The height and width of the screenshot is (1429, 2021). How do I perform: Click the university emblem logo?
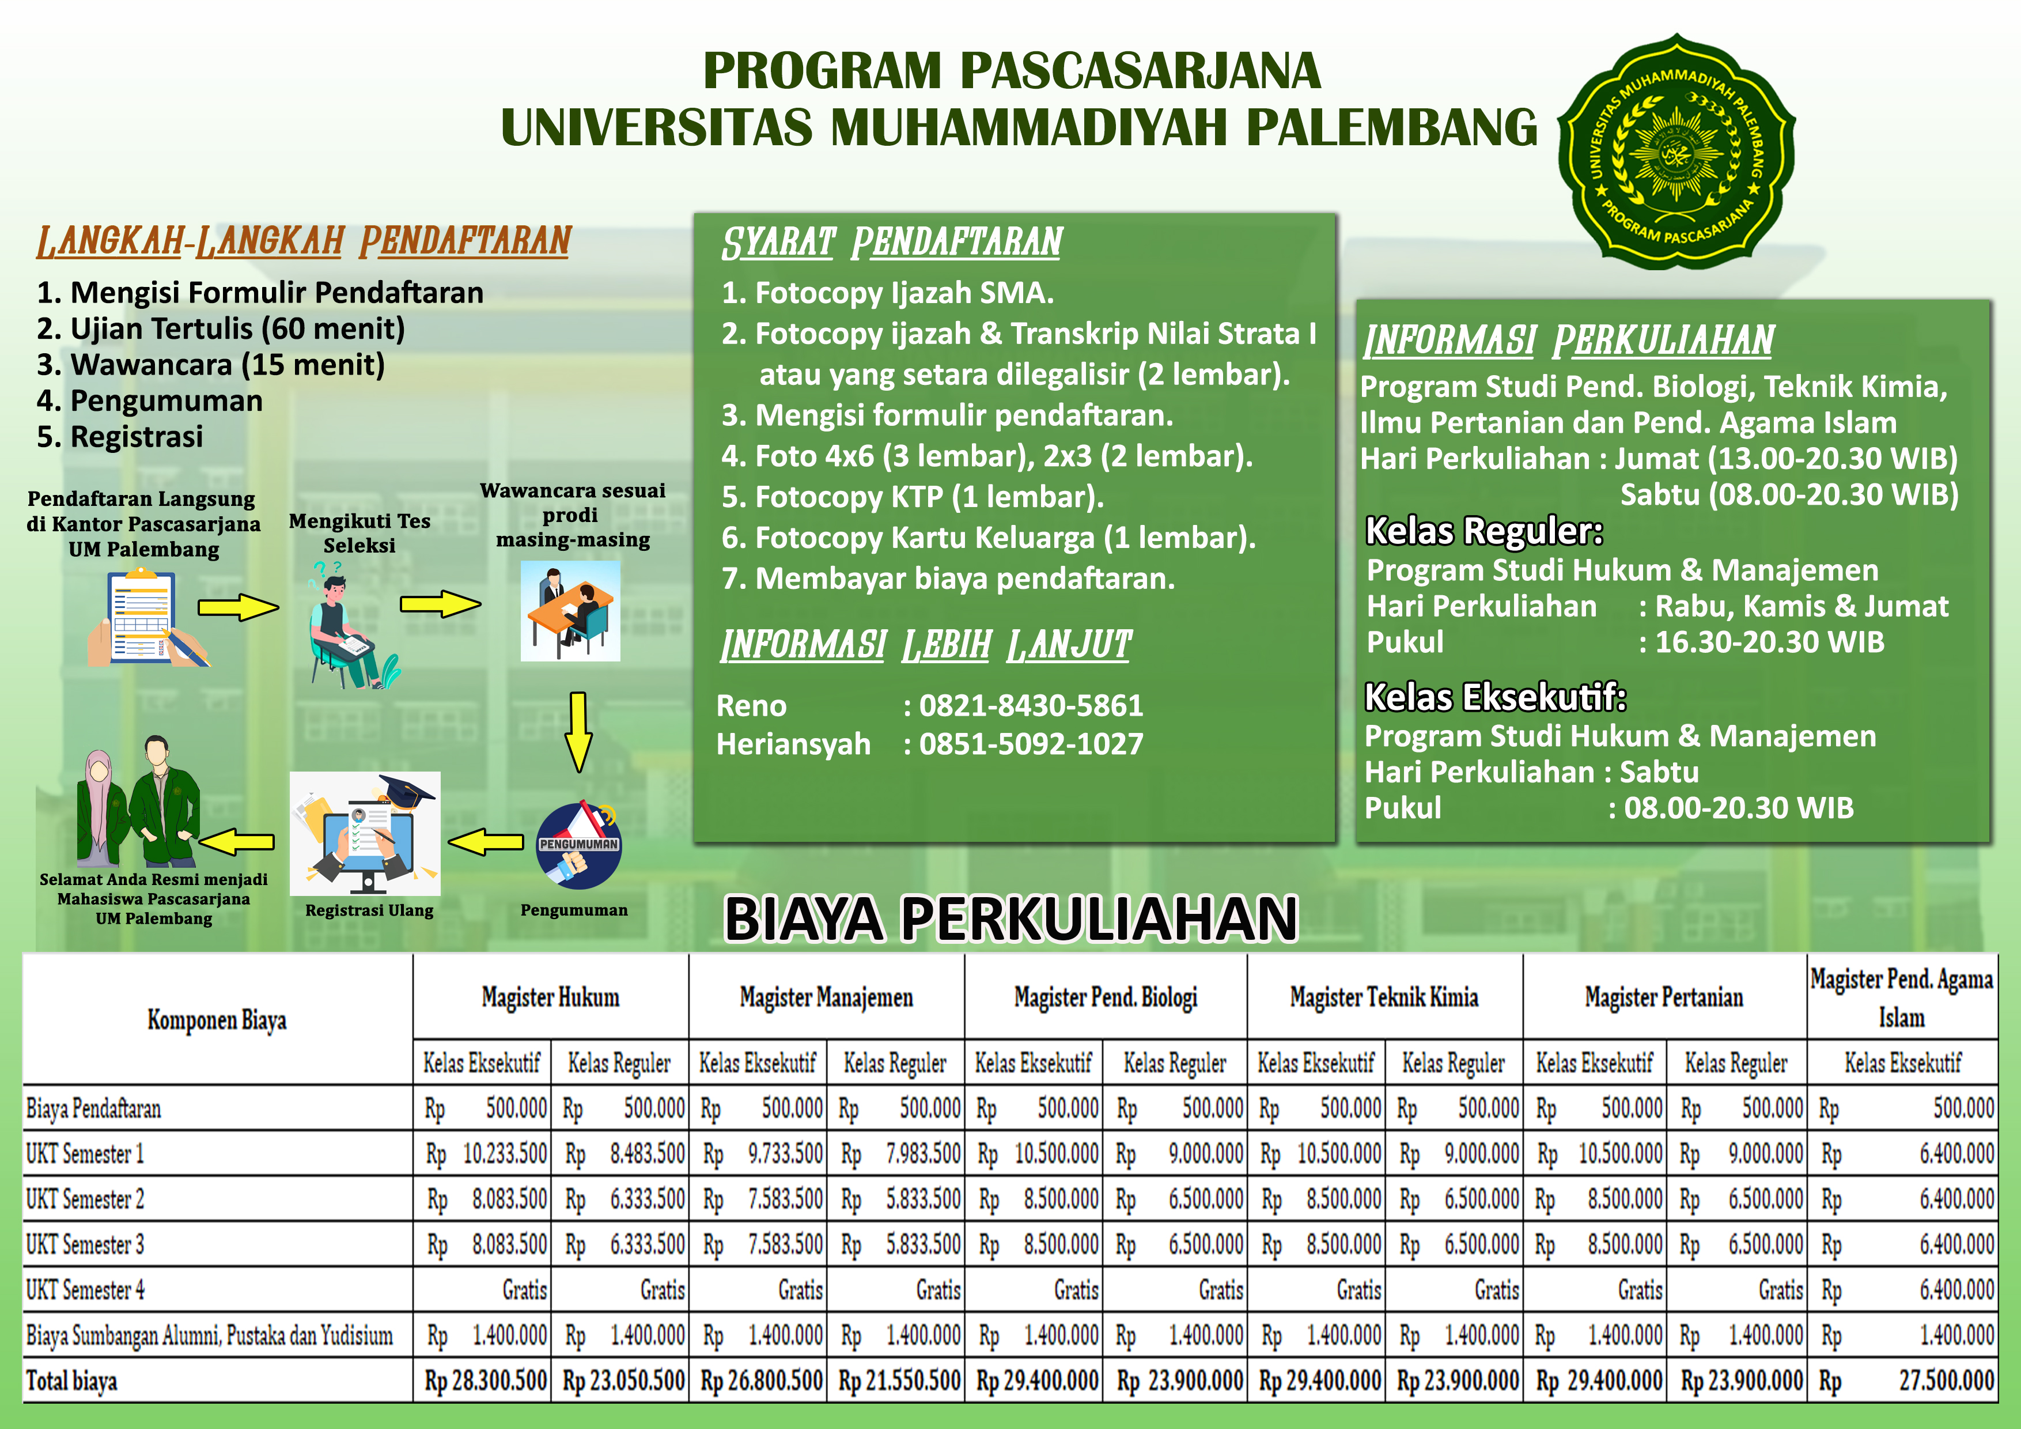point(1677,152)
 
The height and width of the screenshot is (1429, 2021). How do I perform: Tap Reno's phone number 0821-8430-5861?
point(1031,705)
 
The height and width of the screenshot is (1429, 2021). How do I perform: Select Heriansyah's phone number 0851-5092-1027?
point(1031,744)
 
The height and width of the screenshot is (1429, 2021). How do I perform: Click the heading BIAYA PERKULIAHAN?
point(1010,918)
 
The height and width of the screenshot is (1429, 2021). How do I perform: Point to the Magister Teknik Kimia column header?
point(1384,997)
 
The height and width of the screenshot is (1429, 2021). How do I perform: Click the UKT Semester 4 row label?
point(85,1290)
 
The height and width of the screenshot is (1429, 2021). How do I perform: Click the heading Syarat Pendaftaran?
point(892,242)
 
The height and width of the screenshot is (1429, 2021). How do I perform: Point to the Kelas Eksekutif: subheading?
point(1494,697)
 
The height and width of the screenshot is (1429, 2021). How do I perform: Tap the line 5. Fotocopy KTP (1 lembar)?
point(913,497)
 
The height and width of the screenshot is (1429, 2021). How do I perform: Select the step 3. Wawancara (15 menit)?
point(211,365)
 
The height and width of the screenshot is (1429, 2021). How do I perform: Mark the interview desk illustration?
point(570,611)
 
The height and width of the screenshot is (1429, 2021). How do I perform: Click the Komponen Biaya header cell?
point(217,1019)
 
